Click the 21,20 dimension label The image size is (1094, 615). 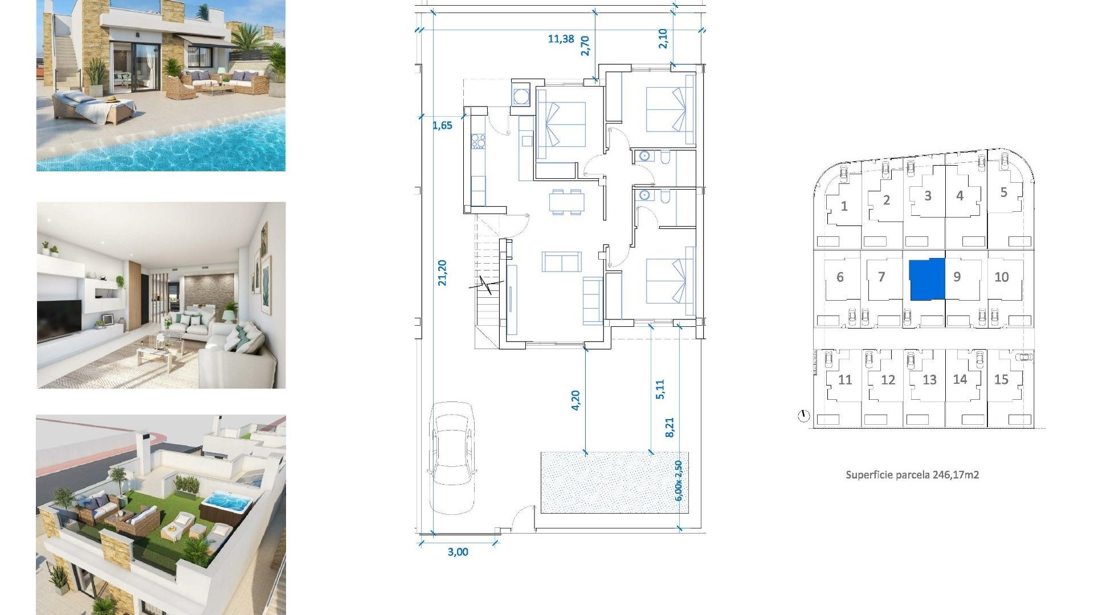pyautogui.click(x=443, y=272)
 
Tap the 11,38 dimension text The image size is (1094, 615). pyautogui.click(x=561, y=39)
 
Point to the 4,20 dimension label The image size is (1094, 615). pyautogui.click(x=575, y=400)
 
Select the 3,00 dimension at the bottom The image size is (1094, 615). pyautogui.click(x=458, y=552)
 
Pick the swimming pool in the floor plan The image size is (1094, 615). pyautogui.click(x=614, y=482)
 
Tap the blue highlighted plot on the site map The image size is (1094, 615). pyautogui.click(x=927, y=279)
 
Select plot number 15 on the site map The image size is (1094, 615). pyautogui.click(x=1001, y=379)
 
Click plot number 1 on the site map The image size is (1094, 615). pyautogui.click(x=844, y=206)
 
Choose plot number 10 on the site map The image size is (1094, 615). pyautogui.click(x=1001, y=277)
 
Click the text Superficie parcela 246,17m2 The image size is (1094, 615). pyautogui.click(x=912, y=475)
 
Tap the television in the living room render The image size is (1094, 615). pyautogui.click(x=59, y=320)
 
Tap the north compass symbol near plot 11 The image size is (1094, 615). pyautogui.click(x=803, y=416)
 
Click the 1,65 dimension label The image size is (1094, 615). pyautogui.click(x=442, y=126)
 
